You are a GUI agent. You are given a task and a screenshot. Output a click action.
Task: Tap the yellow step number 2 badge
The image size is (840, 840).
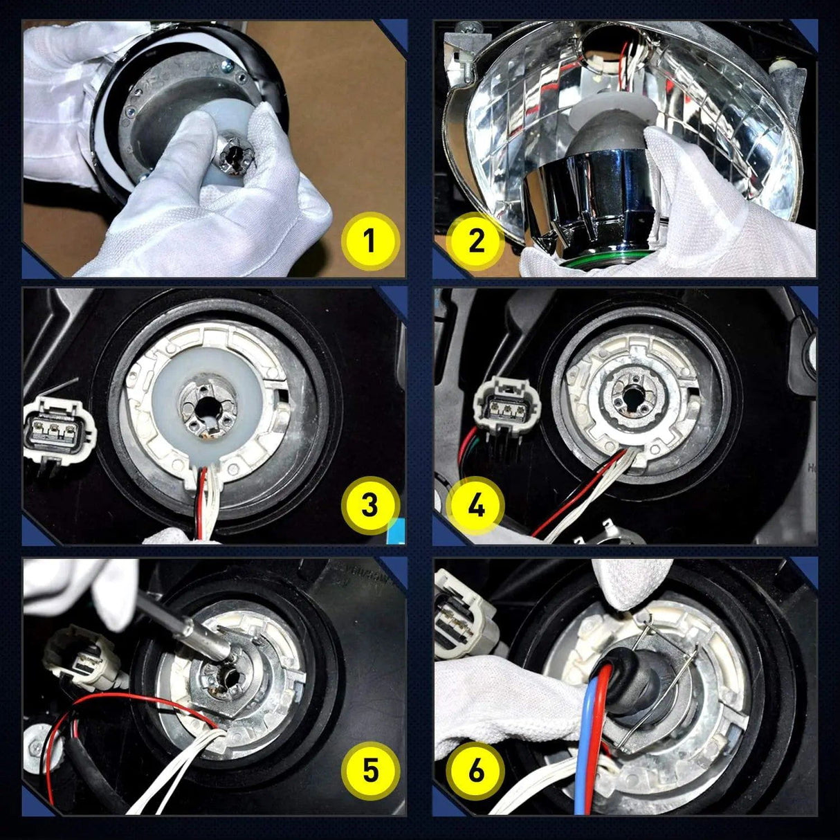click(476, 241)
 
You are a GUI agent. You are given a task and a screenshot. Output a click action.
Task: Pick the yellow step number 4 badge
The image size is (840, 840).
click(476, 505)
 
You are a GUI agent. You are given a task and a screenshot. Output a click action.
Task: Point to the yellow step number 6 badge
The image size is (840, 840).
click(476, 770)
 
